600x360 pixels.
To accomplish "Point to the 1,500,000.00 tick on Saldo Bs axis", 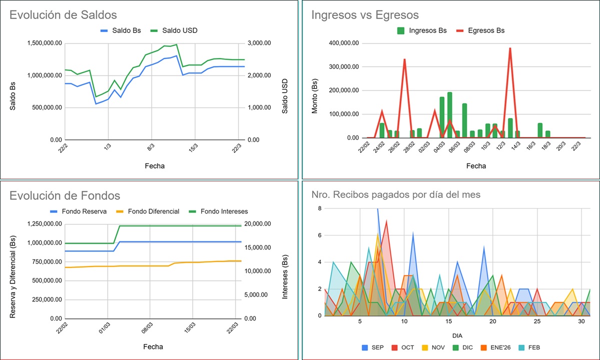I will [x=44, y=43].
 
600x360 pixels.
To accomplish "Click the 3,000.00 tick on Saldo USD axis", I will [x=260, y=43].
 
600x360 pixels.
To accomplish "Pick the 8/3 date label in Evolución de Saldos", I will [x=151, y=148].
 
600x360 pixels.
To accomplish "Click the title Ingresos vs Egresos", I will [x=365, y=15].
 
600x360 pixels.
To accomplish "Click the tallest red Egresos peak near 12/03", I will [x=510, y=48].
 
